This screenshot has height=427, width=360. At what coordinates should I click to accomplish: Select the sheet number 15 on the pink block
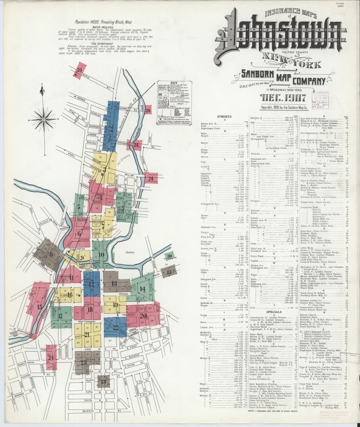[39, 306]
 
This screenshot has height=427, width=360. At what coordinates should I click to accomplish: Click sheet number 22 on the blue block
[115, 327]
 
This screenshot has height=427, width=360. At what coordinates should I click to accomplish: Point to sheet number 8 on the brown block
[51, 254]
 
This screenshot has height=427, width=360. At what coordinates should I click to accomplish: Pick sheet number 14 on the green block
[142, 289]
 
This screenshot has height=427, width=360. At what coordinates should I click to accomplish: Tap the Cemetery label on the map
[131, 252]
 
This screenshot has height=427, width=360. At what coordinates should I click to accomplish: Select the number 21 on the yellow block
[87, 334]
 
